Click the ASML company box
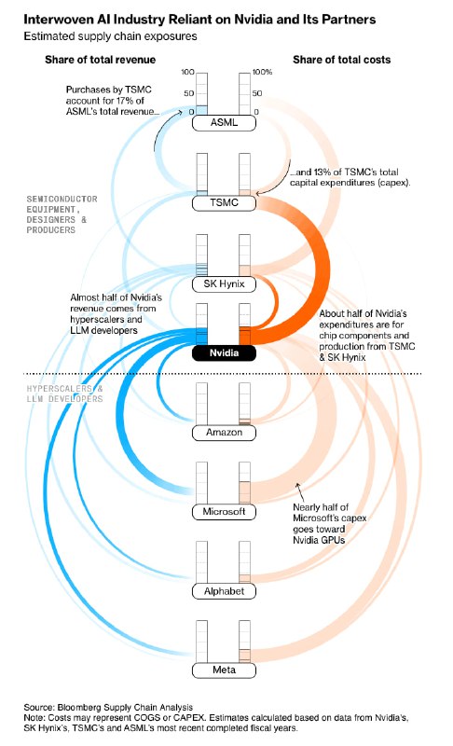pyautogui.click(x=224, y=123)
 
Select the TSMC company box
pyautogui.click(x=224, y=203)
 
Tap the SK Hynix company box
pyautogui.click(x=224, y=284)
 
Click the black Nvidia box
pyautogui.click(x=224, y=353)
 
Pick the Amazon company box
pyautogui.click(x=224, y=433)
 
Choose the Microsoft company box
pyautogui.click(x=224, y=512)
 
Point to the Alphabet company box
pyautogui.click(x=224, y=591)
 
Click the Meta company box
pyautogui.click(x=224, y=670)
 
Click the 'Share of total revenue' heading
pyautogui.click(x=101, y=60)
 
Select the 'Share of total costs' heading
pyautogui.click(x=342, y=60)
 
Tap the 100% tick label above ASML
pyautogui.click(x=263, y=73)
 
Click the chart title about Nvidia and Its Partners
pyautogui.click(x=199, y=20)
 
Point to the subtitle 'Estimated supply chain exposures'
pyautogui.click(x=110, y=36)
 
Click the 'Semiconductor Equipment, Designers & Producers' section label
pyautogui.click(x=62, y=214)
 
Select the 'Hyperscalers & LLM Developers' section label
pyautogui.click(x=64, y=394)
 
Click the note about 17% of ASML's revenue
pyautogui.click(x=113, y=101)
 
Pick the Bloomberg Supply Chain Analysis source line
pyautogui.click(x=108, y=708)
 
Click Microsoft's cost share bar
pyautogui.click(x=245, y=482)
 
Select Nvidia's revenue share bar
pyautogui.click(x=202, y=324)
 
